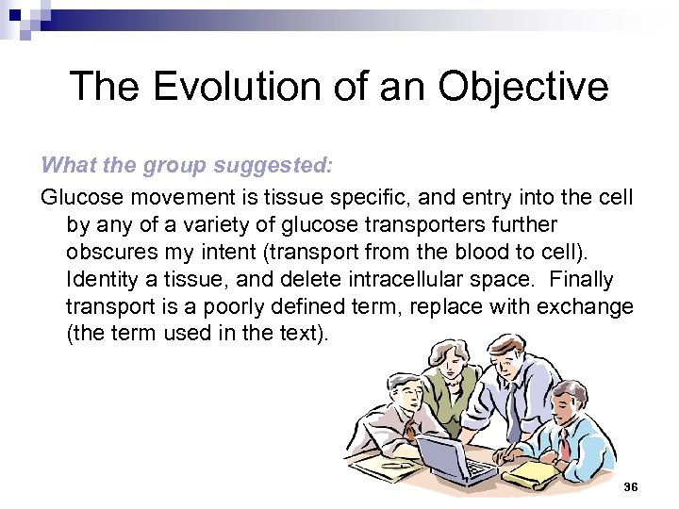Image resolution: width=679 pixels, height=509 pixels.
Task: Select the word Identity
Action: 102,280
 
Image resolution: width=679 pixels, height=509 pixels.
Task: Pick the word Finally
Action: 581,280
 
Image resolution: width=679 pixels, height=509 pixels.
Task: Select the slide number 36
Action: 631,485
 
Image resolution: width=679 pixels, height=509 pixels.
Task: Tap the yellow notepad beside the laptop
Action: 529,471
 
